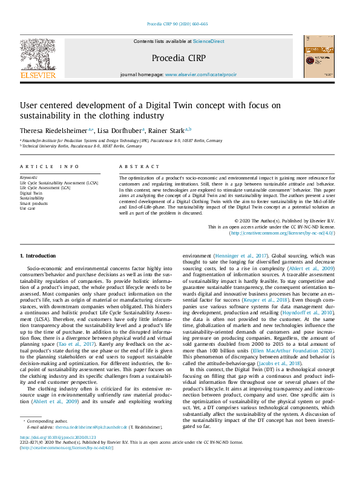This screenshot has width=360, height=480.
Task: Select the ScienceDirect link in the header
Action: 208,41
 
